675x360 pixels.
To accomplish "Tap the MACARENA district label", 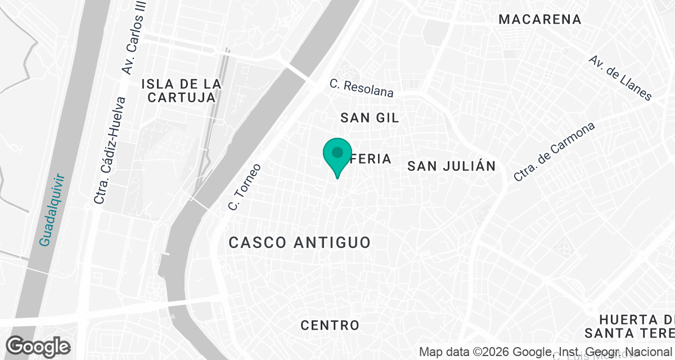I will [540, 19].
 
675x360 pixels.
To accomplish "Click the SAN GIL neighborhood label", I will [370, 118].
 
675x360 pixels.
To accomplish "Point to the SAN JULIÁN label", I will [452, 166].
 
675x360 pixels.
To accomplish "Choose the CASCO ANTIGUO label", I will [300, 242].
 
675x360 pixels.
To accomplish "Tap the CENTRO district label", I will [330, 325].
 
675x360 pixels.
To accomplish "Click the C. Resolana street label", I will [362, 88].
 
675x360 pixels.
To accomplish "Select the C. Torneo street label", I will [245, 187].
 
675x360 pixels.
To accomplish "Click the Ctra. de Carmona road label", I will [554, 152].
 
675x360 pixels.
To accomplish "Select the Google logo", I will [38, 346].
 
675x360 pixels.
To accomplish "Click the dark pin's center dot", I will [337, 152].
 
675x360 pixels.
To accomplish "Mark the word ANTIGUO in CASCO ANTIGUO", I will [331, 242].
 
